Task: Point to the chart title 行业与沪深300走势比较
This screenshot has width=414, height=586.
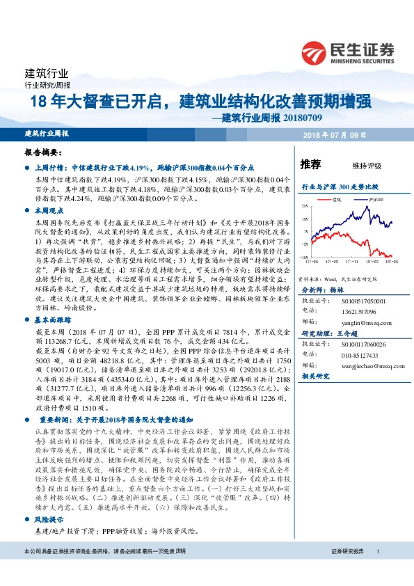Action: pos(340,187)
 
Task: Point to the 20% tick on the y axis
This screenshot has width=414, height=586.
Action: pos(305,207)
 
